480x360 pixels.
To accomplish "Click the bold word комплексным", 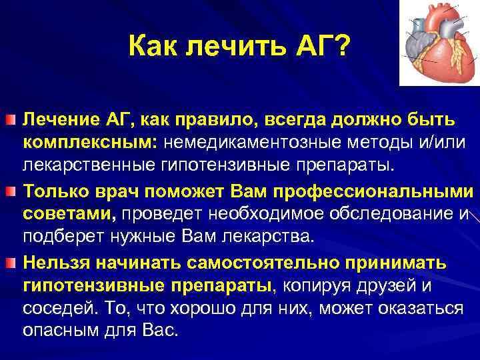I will point(89,143).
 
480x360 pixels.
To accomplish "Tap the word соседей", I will point(61,311).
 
